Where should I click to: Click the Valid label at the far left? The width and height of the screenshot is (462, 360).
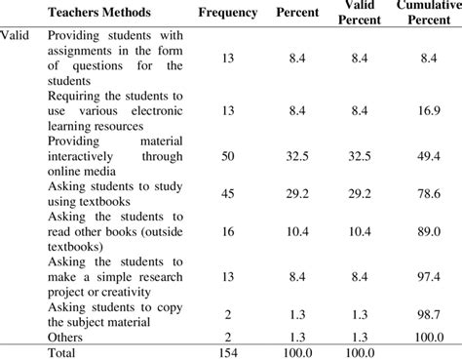[x=16, y=35]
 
